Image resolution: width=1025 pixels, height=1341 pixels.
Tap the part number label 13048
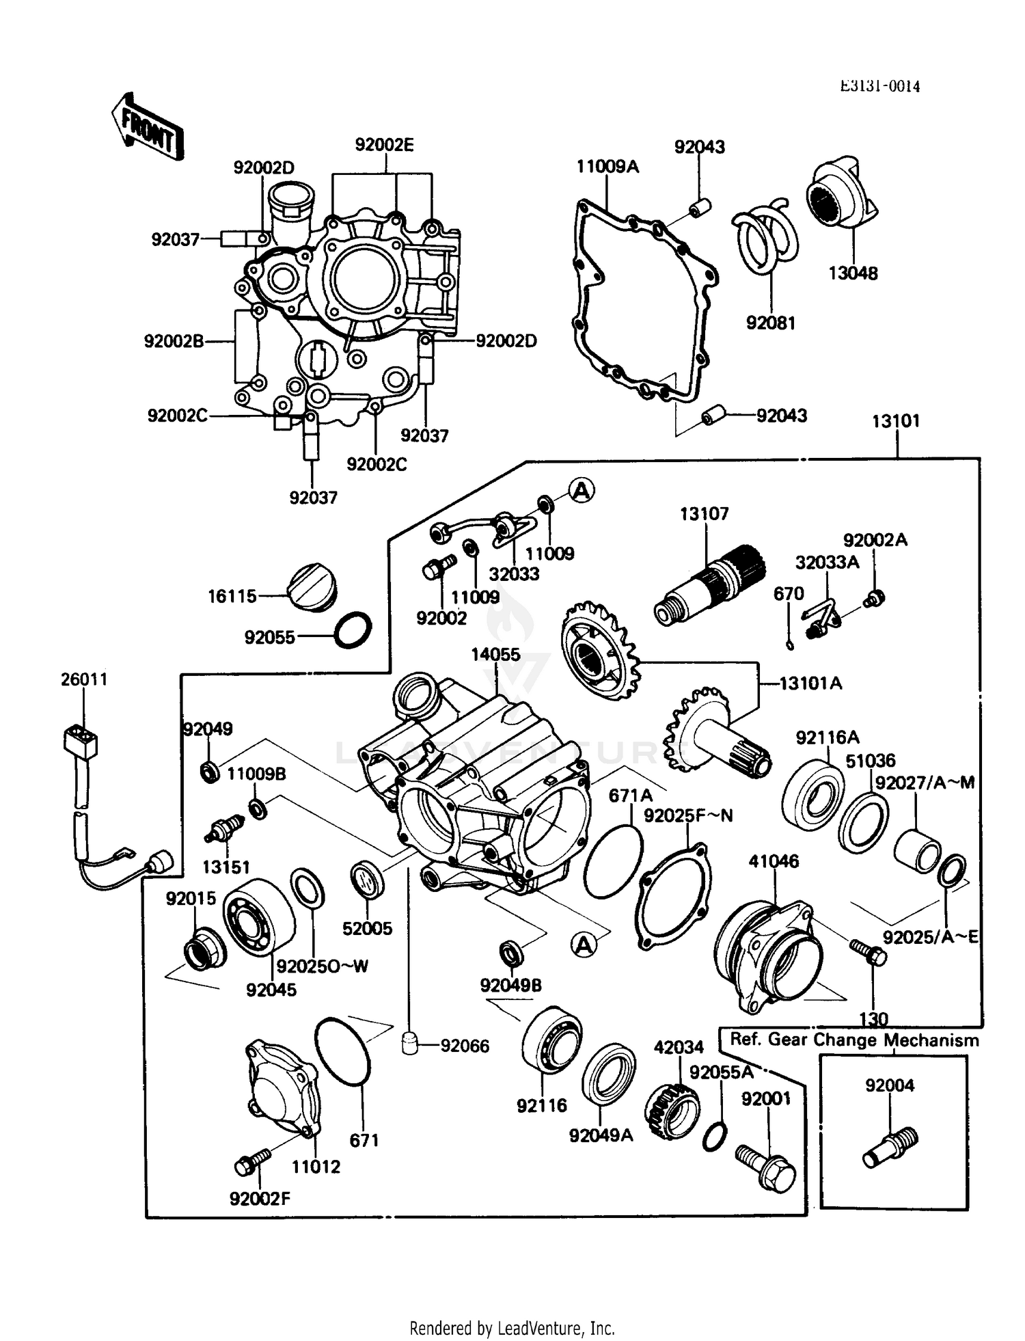(x=853, y=273)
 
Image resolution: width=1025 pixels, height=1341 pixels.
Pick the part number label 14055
(x=495, y=654)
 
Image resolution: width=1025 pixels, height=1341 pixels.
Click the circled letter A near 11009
(x=582, y=490)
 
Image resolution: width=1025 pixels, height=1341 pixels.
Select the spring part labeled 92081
(x=765, y=236)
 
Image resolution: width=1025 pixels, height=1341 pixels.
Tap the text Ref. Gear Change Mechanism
(x=854, y=1040)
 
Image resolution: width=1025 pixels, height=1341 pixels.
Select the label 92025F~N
(x=687, y=815)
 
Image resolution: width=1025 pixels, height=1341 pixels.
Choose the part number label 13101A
(x=810, y=683)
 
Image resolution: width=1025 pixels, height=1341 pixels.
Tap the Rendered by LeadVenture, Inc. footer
(x=512, y=1328)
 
